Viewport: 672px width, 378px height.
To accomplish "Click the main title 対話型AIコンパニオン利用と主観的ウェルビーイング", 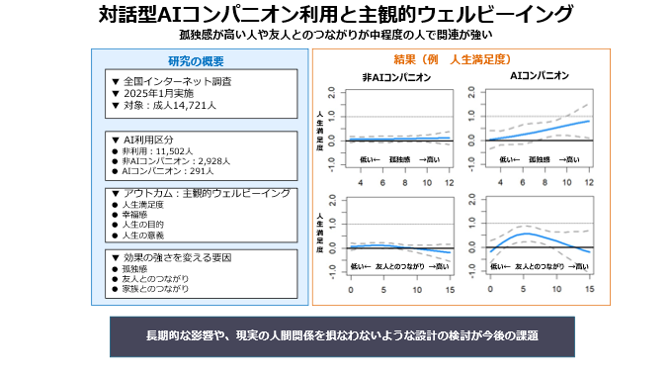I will [x=336, y=15].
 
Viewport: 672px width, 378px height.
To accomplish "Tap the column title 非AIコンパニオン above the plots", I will [x=396, y=76].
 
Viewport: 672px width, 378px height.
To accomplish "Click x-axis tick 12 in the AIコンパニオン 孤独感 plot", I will [x=589, y=184].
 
